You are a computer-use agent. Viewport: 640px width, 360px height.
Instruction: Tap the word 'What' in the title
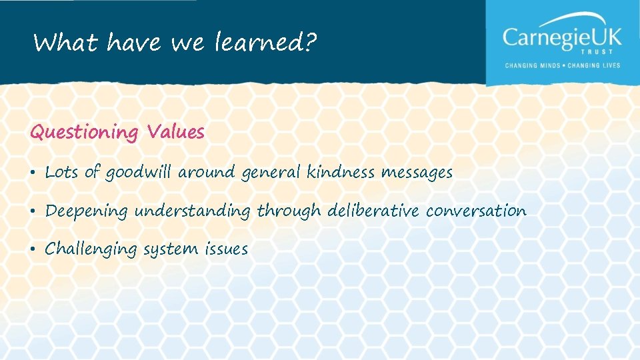tap(65, 43)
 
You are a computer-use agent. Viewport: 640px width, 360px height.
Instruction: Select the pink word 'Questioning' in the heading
tap(83, 133)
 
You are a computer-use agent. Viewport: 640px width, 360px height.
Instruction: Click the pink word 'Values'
tap(176, 131)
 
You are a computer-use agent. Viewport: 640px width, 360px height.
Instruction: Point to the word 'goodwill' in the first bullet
tap(138, 173)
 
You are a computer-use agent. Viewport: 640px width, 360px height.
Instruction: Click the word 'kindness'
tap(341, 172)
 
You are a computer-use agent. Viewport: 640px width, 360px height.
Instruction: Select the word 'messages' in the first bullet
tap(417, 173)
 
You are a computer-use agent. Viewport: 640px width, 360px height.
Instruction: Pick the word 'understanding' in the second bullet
tap(192, 212)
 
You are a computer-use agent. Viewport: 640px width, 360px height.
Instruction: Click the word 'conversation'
tap(476, 211)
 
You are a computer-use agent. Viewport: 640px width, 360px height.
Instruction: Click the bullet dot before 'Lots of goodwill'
tap(33, 173)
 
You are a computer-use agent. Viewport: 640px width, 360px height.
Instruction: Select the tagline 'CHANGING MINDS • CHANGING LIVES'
tap(562, 65)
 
